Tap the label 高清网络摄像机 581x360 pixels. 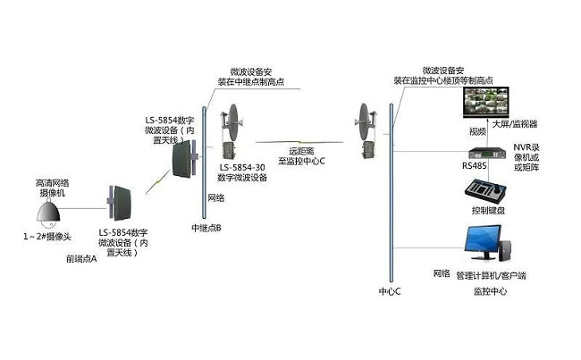[46, 188]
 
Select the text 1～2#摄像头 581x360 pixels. [47, 237]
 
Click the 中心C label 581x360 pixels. [391, 291]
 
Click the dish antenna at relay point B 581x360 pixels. [235, 121]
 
